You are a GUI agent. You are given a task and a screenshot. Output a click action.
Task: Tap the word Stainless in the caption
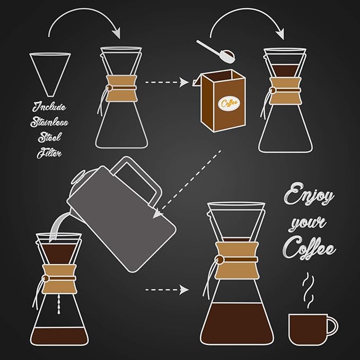pyautogui.click(x=49, y=123)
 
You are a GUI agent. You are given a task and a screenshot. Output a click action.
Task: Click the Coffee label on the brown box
pyautogui.click(x=230, y=102)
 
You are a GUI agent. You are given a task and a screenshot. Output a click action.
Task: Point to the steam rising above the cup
pyautogui.click(x=308, y=292)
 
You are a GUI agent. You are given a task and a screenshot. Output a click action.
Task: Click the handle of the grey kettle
pyautogui.click(x=138, y=181)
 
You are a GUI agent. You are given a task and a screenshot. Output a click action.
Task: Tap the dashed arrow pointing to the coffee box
pyautogui.click(x=167, y=83)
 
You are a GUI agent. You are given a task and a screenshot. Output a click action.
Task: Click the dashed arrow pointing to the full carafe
pyautogui.click(x=166, y=290)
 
